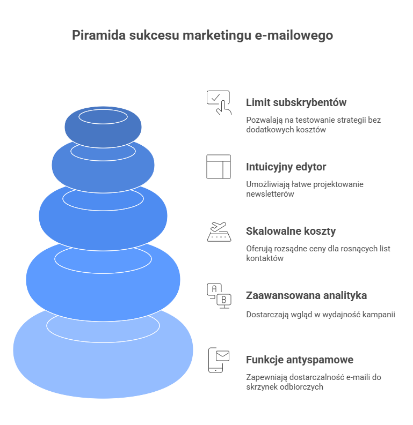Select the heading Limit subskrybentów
tap(296, 102)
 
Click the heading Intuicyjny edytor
tap(286, 167)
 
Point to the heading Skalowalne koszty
tap(291, 231)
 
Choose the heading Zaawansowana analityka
tap(306, 295)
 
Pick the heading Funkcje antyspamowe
tap(299, 360)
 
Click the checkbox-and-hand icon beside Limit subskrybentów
tap(219, 102)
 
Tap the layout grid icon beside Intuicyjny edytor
tap(219, 167)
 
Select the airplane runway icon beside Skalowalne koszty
tap(219, 232)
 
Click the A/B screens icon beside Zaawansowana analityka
tap(219, 295)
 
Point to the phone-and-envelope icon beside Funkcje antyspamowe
tap(219, 360)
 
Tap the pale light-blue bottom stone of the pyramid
tap(103, 364)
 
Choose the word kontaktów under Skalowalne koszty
tap(265, 258)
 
